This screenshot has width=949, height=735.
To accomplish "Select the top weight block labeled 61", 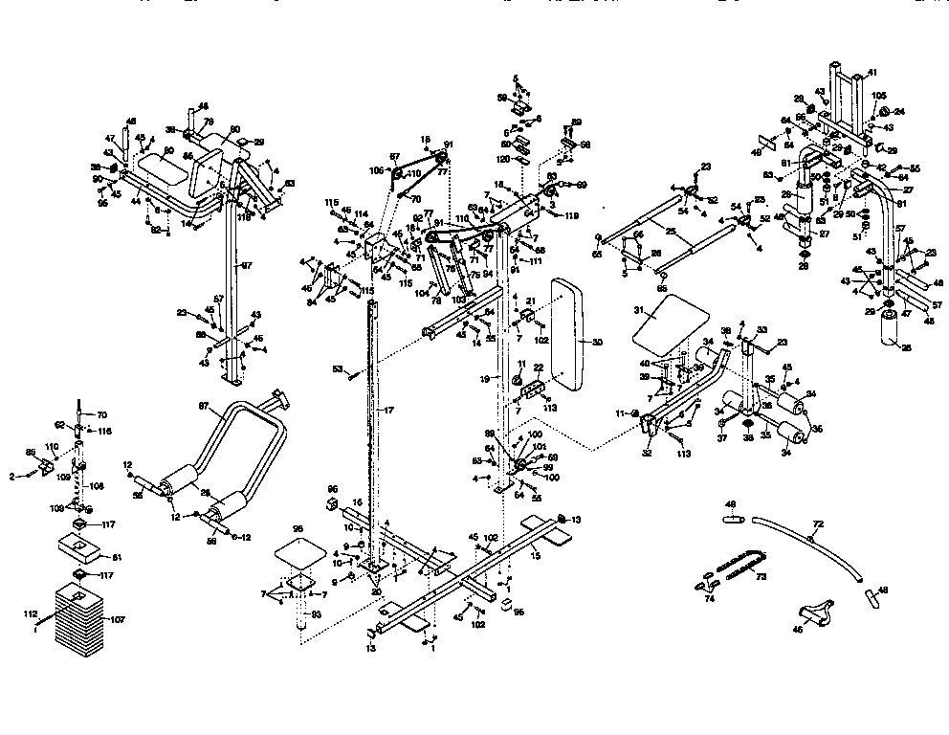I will pos(78,547).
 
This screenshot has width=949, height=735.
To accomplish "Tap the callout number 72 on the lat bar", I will pos(818,525).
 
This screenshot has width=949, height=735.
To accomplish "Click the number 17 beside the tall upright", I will pos(389,410).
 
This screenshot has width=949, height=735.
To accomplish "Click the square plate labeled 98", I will pos(298,552).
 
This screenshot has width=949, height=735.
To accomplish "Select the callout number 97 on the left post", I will pos(246,264).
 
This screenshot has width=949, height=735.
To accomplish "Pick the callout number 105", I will pos(880,96).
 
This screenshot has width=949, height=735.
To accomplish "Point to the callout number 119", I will pos(572,217).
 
